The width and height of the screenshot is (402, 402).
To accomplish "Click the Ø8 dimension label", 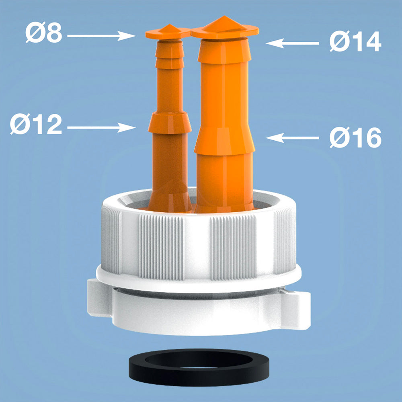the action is click(44, 32).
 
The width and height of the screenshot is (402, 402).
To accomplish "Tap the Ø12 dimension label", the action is click(36, 124).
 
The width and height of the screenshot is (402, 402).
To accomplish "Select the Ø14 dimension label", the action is click(356, 41).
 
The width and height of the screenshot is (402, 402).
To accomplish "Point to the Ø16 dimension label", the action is click(356, 137).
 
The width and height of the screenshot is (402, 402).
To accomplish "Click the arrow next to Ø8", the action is click(102, 36).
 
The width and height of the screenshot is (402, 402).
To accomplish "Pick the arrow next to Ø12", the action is click(102, 127).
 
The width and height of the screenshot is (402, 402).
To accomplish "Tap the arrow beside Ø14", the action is click(292, 43).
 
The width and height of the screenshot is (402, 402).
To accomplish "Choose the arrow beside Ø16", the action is click(292, 138).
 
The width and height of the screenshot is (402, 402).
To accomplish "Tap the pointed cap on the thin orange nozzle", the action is click(168, 32).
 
